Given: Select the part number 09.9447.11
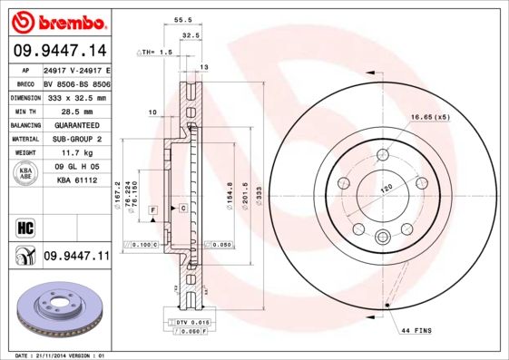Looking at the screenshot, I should [x=76, y=257].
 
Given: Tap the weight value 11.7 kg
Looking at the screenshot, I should [x=76, y=153].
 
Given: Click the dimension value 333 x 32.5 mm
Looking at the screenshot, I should [x=76, y=96].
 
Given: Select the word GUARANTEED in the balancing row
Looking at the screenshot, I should [x=76, y=124].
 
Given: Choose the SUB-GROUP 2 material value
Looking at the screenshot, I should [x=76, y=139].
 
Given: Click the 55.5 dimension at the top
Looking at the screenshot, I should [x=181, y=19].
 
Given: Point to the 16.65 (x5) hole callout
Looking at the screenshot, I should [x=430, y=117].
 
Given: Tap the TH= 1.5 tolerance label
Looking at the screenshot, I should [x=157, y=53].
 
